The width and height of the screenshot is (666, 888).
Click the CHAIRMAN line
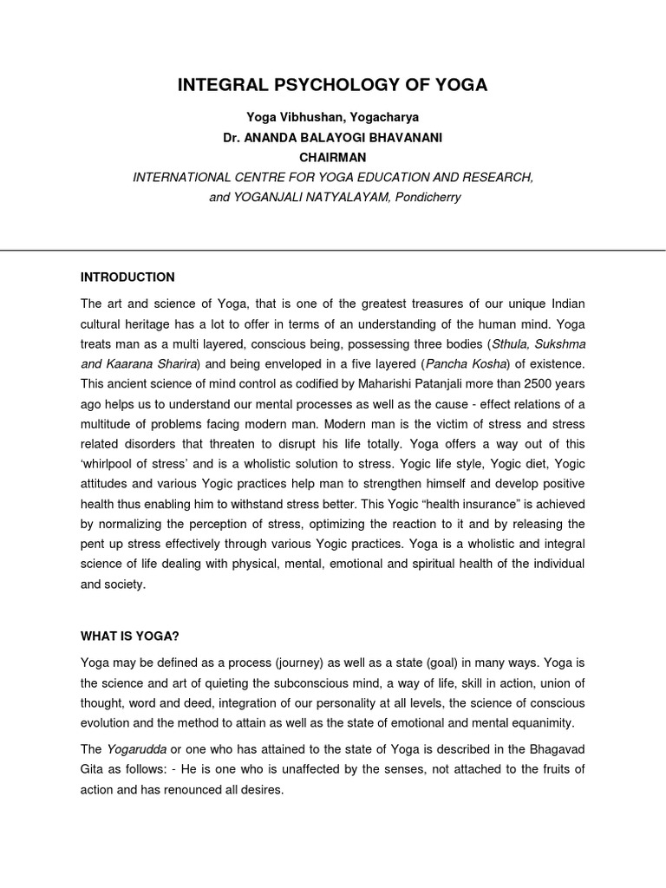click(332, 157)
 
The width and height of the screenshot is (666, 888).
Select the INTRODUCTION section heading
click(127, 277)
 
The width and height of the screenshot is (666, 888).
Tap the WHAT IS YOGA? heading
click(130, 637)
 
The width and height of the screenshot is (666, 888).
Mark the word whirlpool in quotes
click(118, 463)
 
